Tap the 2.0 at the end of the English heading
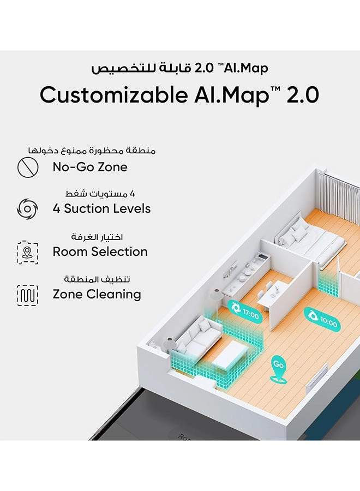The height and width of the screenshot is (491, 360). click(x=302, y=95)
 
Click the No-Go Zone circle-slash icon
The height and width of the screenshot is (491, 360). click(x=28, y=167)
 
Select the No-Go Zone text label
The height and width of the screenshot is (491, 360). click(x=90, y=167)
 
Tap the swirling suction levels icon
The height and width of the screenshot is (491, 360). click(x=28, y=209)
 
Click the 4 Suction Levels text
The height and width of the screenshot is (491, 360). click(x=102, y=208)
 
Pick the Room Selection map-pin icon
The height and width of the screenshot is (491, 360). click(x=28, y=253)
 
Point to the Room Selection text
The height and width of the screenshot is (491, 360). click(x=100, y=252)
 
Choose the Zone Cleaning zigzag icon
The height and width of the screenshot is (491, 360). click(x=28, y=295)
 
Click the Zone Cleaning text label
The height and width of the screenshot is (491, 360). click(x=97, y=295)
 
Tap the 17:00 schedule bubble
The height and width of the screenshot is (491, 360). click(x=244, y=312)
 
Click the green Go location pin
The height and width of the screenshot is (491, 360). click(x=278, y=368)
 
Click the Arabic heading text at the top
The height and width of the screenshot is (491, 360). click(x=179, y=68)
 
